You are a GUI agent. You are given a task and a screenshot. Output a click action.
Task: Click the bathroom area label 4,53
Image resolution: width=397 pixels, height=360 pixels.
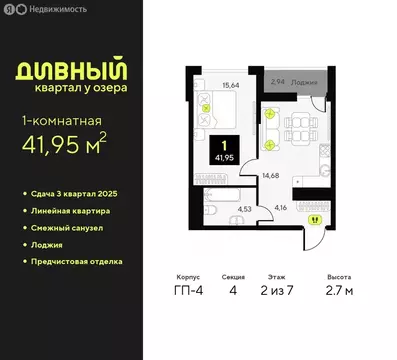pos(244,209)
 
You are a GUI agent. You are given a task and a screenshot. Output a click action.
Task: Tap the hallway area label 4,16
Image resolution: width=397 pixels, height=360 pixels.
pos(283,206)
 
